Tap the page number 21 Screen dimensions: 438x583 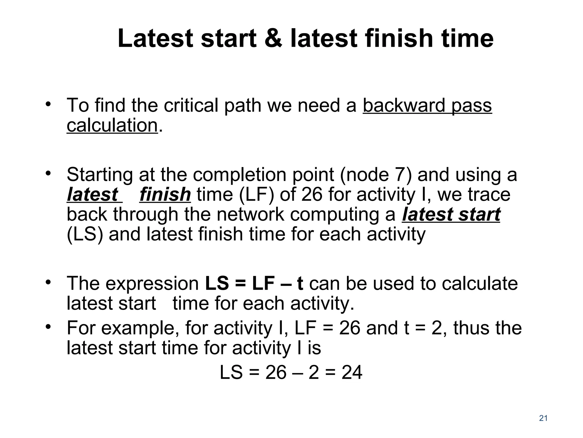click(x=543, y=418)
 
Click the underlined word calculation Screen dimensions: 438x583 click(x=112, y=125)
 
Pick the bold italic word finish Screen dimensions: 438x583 click(x=165, y=194)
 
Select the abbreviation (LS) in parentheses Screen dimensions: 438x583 click(x=85, y=234)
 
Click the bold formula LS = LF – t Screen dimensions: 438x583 click(x=254, y=283)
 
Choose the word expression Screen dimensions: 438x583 click(x=152, y=283)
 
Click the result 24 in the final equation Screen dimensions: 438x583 click(x=352, y=372)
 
